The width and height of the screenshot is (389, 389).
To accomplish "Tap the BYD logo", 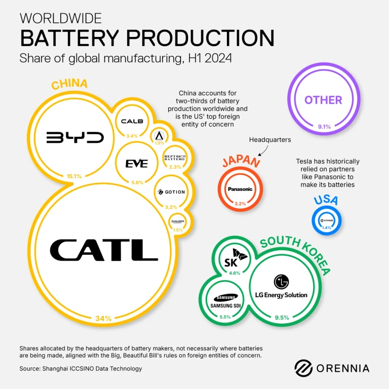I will pyautogui.click(x=75, y=137).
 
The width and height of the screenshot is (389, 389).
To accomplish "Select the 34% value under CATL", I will pyautogui.click(x=103, y=319).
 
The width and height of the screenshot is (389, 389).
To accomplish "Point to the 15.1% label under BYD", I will pyautogui.click(x=74, y=176).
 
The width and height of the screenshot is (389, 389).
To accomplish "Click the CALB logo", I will pyautogui.click(x=132, y=122).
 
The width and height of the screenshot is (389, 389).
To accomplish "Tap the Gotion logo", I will pyautogui.click(x=171, y=192).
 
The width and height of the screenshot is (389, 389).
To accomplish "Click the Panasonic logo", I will pyautogui.click(x=240, y=189).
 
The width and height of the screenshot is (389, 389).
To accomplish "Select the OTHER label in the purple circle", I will pyautogui.click(x=323, y=100).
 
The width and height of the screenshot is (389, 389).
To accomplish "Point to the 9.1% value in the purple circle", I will pyautogui.click(x=324, y=127).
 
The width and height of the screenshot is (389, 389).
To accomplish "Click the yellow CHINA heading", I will pyautogui.click(x=69, y=84).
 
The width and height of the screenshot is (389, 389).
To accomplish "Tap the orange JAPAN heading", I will pyautogui.click(x=241, y=162).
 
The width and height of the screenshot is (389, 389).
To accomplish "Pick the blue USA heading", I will pyautogui.click(x=326, y=200).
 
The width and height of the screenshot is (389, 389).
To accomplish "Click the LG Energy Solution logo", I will pyautogui.click(x=281, y=287).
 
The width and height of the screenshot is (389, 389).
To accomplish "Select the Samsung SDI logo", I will pyautogui.click(x=226, y=302).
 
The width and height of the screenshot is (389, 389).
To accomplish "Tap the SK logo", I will pyautogui.click(x=236, y=260).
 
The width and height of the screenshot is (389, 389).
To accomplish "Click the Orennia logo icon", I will pyautogui.click(x=303, y=368).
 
